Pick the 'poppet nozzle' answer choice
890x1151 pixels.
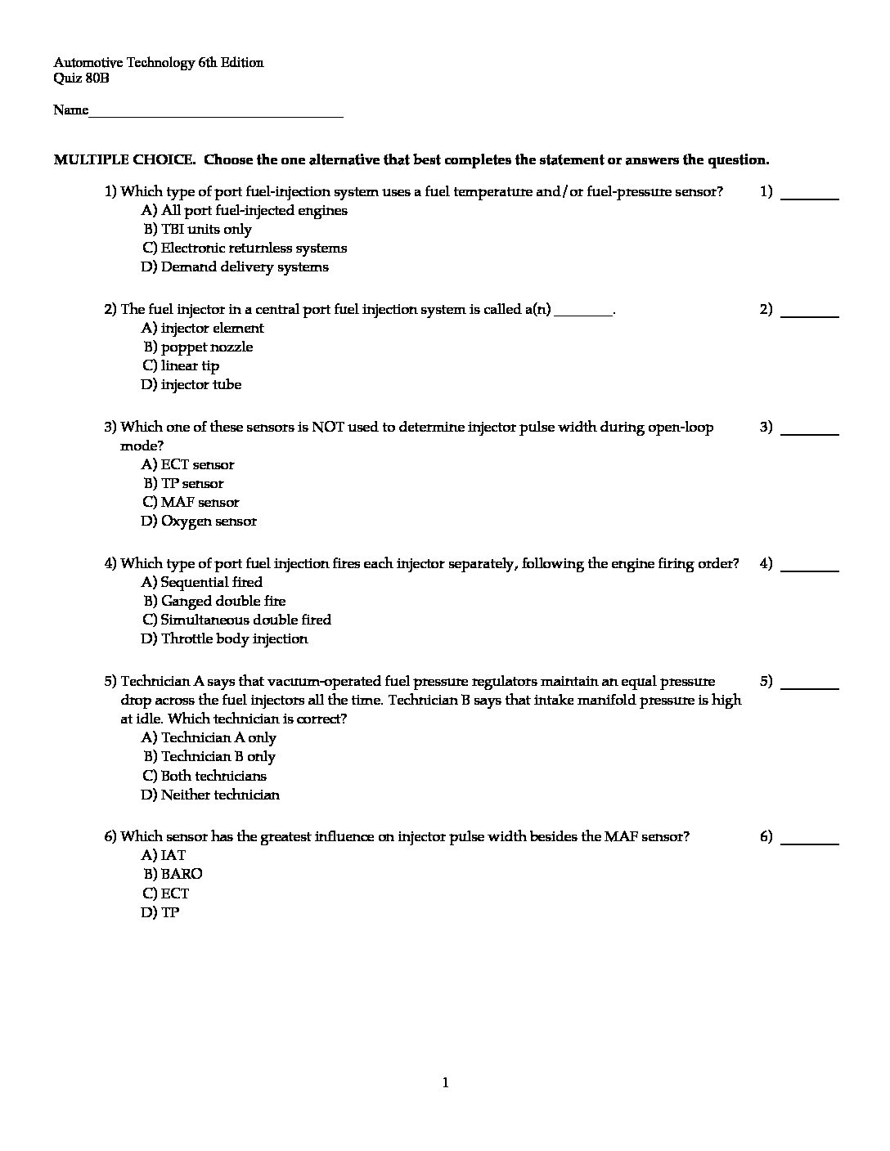pos(207,347)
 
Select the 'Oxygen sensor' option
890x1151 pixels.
pos(209,521)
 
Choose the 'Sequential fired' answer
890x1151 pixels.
pos(211,582)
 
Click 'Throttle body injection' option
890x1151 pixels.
pos(234,638)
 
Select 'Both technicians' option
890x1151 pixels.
pos(214,776)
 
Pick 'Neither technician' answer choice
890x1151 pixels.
pos(220,795)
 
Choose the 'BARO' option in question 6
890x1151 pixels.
pos(182,874)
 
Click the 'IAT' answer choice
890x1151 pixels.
pos(173,855)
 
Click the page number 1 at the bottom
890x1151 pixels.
pos(445,1083)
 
